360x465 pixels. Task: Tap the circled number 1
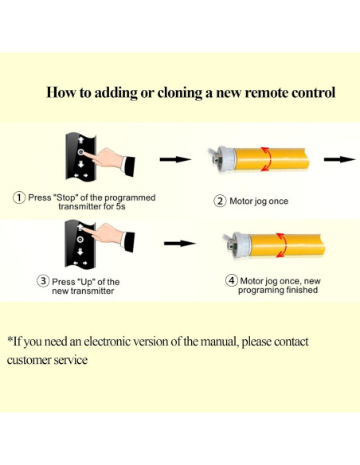coord(18,197)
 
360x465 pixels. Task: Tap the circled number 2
coord(220,201)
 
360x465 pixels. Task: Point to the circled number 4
coord(232,280)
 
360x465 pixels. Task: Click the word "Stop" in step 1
coord(68,197)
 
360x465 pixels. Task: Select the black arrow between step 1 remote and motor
coord(176,159)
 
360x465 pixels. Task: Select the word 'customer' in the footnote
coord(32,360)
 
